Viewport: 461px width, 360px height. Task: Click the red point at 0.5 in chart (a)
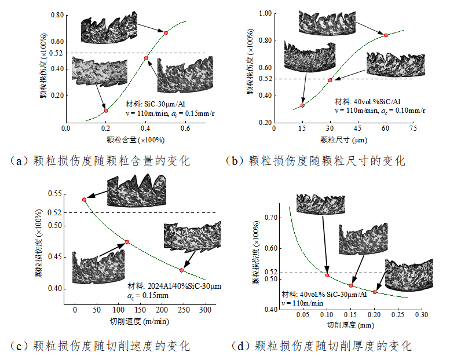tap(166, 34)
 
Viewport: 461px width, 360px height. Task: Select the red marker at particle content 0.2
tap(105, 110)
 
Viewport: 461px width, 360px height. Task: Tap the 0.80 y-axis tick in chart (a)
tap(56, 14)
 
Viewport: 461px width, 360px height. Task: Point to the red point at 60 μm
tap(386, 35)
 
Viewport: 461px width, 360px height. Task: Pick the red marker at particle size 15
tap(302, 105)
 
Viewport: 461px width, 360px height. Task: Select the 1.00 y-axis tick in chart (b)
tap(265, 13)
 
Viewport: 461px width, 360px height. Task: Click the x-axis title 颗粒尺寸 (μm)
tap(343, 139)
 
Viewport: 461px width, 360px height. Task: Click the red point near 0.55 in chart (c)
tap(84, 199)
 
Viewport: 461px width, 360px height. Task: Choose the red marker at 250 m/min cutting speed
tap(182, 270)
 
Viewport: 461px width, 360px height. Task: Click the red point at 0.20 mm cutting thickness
tap(375, 292)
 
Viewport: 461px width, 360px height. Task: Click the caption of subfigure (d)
tap(321, 346)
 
